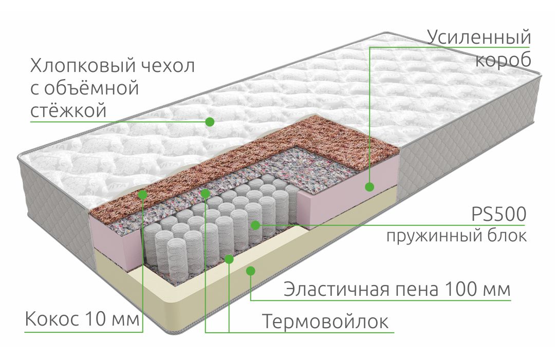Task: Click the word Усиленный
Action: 479,37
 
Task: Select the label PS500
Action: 499,214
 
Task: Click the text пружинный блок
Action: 457,236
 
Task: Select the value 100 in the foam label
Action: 459,289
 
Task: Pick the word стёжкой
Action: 68,110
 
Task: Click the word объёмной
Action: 91,88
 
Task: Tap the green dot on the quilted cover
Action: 210,122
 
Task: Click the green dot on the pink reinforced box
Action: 370,186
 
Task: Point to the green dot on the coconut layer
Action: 143,194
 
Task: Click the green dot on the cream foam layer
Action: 251,271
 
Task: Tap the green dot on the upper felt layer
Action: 205,193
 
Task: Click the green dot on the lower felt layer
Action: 229,259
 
